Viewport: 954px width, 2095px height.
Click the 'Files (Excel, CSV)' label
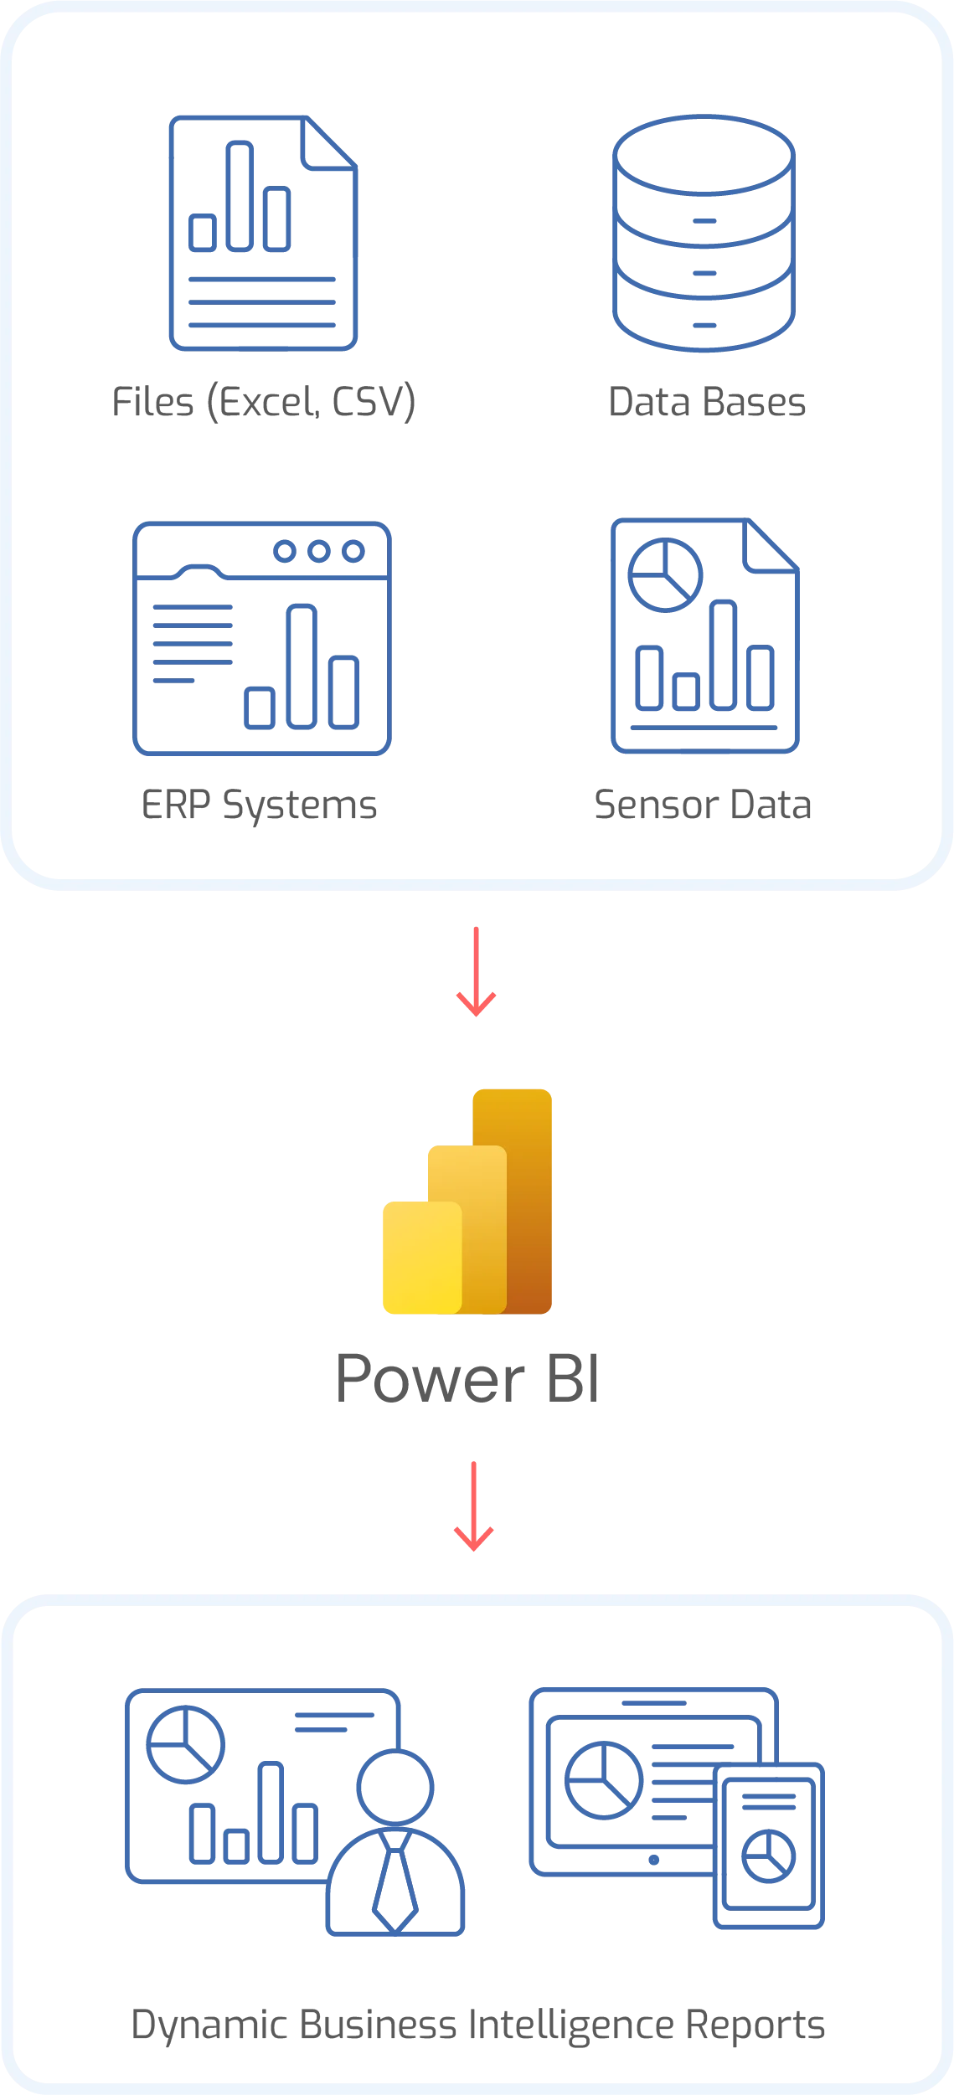[x=264, y=403]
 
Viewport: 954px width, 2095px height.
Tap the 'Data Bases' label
[x=709, y=403]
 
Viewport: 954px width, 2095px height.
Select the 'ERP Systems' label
[x=260, y=805]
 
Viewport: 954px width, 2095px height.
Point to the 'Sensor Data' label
[x=699, y=805]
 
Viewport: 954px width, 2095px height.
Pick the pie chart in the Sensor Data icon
[x=664, y=575]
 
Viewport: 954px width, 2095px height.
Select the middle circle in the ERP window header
[x=318, y=552]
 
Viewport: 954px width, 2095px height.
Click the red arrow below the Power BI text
[x=474, y=1507]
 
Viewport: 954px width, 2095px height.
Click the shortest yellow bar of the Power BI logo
[x=421, y=1258]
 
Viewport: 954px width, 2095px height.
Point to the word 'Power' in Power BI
[x=431, y=1380]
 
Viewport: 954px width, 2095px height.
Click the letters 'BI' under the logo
[x=572, y=1380]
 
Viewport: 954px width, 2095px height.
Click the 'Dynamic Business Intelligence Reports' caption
[x=477, y=2026]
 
